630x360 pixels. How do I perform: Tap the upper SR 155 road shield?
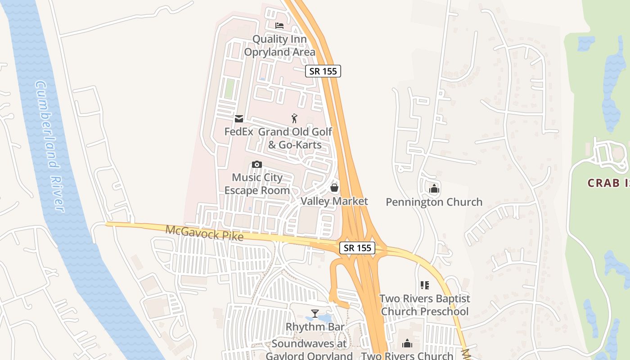pyautogui.click(x=323, y=71)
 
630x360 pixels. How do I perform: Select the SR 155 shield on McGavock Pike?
pyautogui.click(x=357, y=247)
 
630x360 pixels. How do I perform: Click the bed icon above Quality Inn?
pyautogui.click(x=279, y=25)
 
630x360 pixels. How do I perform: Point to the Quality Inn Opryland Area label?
pyautogui.click(x=279, y=45)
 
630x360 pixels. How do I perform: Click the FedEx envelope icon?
pyautogui.click(x=238, y=119)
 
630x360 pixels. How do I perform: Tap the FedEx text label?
pyautogui.click(x=238, y=132)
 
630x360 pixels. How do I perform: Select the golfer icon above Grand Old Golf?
pyautogui.click(x=294, y=118)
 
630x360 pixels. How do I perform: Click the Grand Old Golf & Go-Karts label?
pyautogui.click(x=295, y=138)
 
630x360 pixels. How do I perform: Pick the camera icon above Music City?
pyautogui.click(x=257, y=164)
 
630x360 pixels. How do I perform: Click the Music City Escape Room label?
pyautogui.click(x=257, y=184)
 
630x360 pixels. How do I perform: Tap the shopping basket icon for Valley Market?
pyautogui.click(x=334, y=187)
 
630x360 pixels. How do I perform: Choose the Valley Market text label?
pyautogui.click(x=334, y=201)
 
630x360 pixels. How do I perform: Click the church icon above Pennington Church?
pyautogui.click(x=434, y=189)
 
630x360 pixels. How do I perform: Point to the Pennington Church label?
pyautogui.click(x=434, y=202)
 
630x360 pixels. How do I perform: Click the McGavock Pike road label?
pyautogui.click(x=205, y=233)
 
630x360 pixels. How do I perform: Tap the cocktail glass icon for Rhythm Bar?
pyautogui.click(x=315, y=313)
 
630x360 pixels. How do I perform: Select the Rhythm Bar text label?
pyautogui.click(x=315, y=327)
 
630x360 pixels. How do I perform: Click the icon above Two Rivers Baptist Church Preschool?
pyautogui.click(x=424, y=285)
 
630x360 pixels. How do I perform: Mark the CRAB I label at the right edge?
pyautogui.click(x=608, y=183)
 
